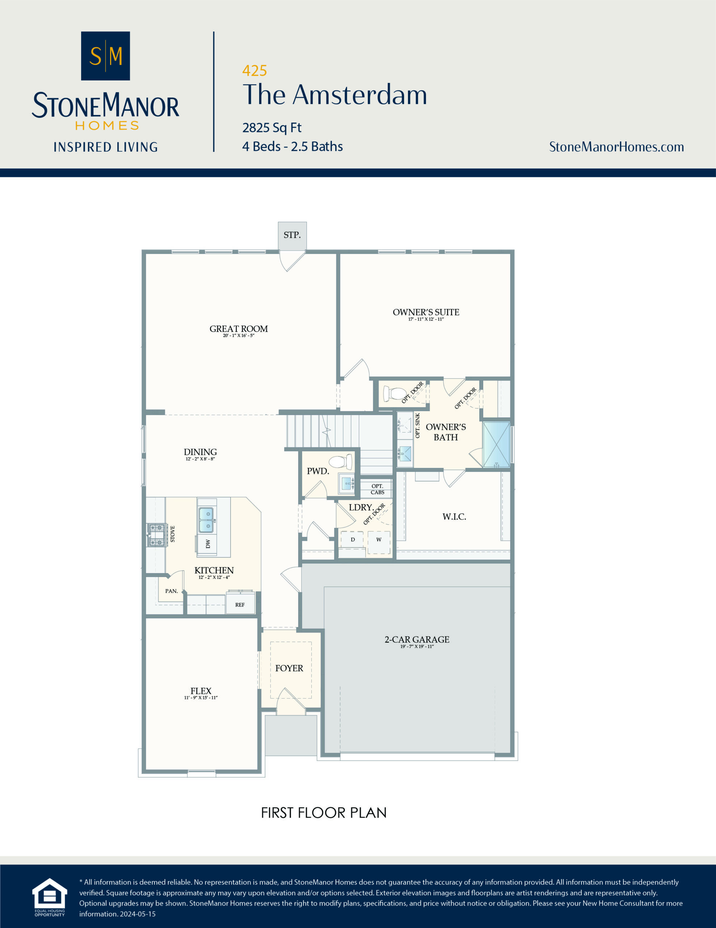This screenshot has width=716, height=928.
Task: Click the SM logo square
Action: tap(105, 56)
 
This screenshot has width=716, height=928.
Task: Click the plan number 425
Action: tap(254, 71)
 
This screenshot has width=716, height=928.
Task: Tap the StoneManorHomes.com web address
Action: tap(616, 147)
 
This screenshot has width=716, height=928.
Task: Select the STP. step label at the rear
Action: tap(292, 235)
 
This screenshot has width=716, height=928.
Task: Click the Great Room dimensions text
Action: tap(239, 336)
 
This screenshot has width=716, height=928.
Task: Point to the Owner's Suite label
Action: tap(426, 312)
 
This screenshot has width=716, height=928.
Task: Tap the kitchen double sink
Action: tap(207, 520)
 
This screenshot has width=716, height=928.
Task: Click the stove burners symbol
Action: tap(156, 535)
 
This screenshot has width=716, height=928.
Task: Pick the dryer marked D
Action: tap(353, 540)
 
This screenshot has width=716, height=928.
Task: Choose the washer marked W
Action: tap(379, 540)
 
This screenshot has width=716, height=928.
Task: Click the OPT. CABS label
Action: tap(377, 489)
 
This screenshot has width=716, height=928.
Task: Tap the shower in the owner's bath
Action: tap(496, 444)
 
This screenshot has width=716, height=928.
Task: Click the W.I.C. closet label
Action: tap(454, 517)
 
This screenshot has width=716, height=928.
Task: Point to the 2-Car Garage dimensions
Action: tap(417, 646)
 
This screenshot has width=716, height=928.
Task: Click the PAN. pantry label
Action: tap(172, 591)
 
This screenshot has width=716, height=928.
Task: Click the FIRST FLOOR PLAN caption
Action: tap(323, 812)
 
